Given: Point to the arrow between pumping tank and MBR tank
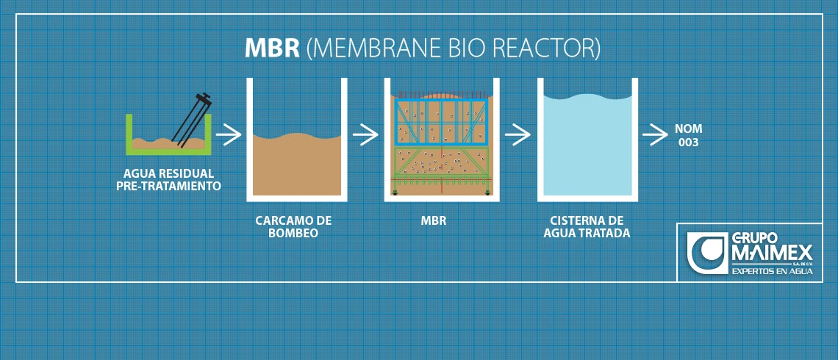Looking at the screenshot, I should pyautogui.click(x=365, y=134).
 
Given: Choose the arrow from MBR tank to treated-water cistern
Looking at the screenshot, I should pyautogui.click(x=518, y=134).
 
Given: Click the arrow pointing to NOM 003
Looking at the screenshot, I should pyautogui.click(x=654, y=134).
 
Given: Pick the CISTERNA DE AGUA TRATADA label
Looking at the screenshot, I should pyautogui.click(x=587, y=226).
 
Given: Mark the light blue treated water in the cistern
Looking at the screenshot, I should pyautogui.click(x=586, y=147).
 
